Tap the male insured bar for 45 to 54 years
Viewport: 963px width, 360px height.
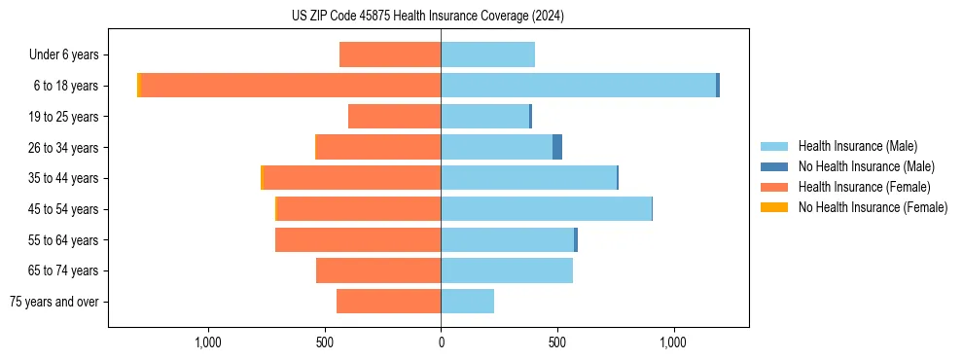[546, 209]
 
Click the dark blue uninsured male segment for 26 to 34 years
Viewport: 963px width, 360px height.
[557, 147]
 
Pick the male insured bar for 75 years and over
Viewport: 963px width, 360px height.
[467, 302]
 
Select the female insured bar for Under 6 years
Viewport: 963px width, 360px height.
[390, 54]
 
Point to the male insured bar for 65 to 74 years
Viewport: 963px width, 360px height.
[507, 270]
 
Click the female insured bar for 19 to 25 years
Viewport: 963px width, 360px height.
[394, 117]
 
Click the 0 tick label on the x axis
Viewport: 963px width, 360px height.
[441, 342]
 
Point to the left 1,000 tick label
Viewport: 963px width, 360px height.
[209, 342]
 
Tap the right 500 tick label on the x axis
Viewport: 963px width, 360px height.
[556, 342]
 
